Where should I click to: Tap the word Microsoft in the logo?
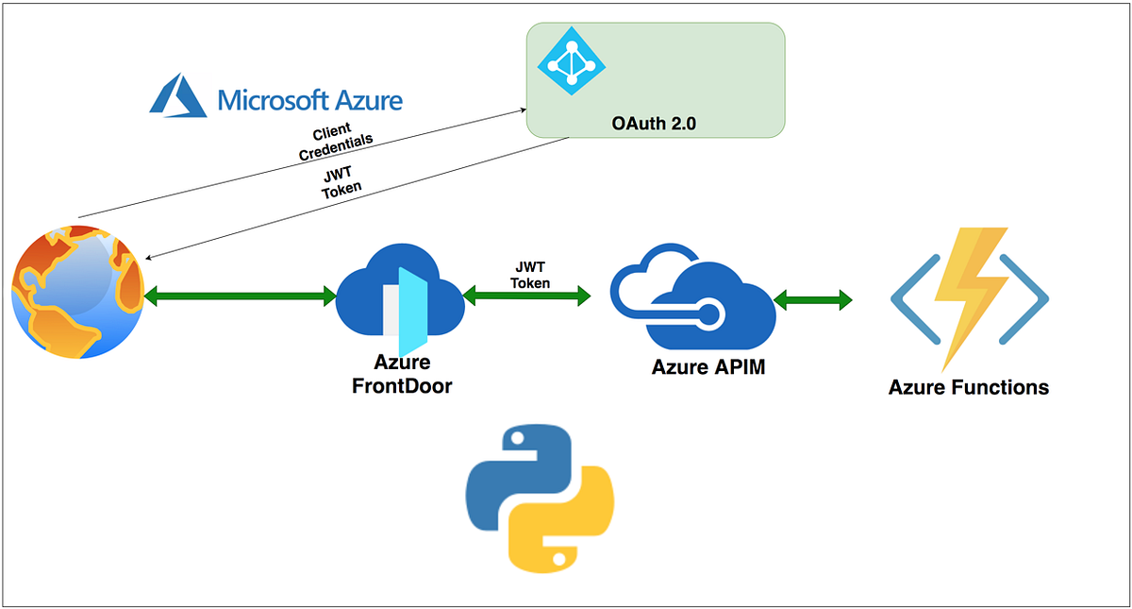coord(273,99)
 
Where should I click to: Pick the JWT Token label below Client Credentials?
coord(341,180)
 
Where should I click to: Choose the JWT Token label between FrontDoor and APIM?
coord(530,275)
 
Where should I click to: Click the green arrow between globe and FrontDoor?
coord(240,297)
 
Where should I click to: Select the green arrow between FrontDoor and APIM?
coord(527,296)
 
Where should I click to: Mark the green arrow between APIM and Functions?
coord(812,301)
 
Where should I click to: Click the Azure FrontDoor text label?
coord(402,374)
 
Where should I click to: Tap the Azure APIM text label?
coord(708,367)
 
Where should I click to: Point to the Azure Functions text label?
coord(968,387)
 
